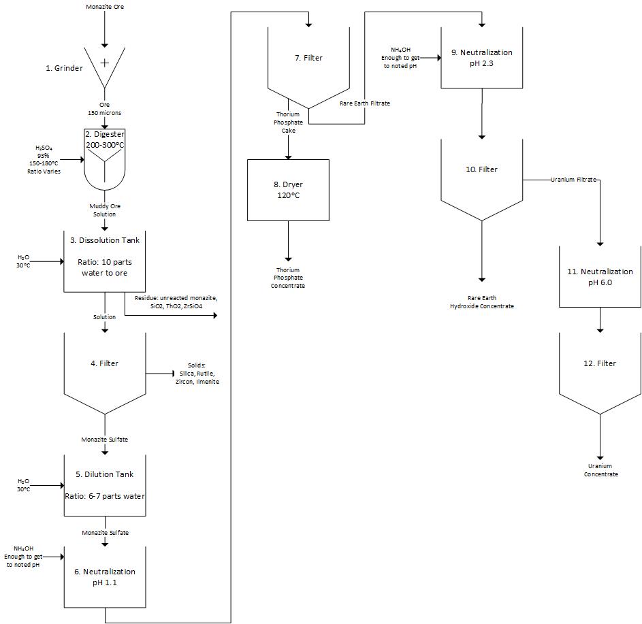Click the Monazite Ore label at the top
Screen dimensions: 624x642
[x=105, y=7]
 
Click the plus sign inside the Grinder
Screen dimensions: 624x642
[x=105, y=63]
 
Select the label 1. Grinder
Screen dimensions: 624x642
[x=64, y=68]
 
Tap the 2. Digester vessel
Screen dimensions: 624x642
[x=104, y=160]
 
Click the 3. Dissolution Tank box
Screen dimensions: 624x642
[x=104, y=261]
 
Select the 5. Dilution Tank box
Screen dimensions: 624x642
[x=104, y=484]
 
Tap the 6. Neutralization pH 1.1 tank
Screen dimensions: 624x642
[x=104, y=577]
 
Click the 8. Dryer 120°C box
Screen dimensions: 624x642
[x=288, y=190]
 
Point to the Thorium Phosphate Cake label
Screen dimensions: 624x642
[x=288, y=122]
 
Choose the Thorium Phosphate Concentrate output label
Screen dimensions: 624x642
[x=289, y=278]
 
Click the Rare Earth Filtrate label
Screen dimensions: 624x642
[x=365, y=103]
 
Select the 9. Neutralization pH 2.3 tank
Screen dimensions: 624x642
[x=481, y=57]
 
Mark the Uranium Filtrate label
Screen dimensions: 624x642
[x=573, y=180]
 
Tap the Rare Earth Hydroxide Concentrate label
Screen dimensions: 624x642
[x=481, y=302]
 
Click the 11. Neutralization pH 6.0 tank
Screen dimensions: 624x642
[x=600, y=276]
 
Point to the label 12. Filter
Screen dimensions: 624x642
[x=600, y=363]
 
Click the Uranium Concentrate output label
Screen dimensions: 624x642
[x=600, y=470]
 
